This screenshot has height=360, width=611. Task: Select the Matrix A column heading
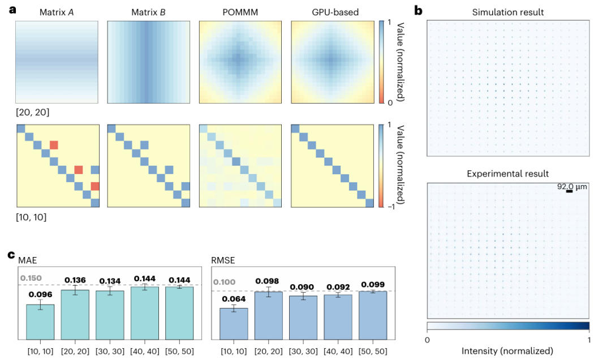tap(57, 11)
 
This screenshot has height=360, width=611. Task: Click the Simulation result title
tap(508, 11)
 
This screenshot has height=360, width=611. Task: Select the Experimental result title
tap(508, 173)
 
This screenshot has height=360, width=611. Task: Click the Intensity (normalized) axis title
tap(508, 351)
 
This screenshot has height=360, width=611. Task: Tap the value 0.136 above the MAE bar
tap(75, 280)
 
